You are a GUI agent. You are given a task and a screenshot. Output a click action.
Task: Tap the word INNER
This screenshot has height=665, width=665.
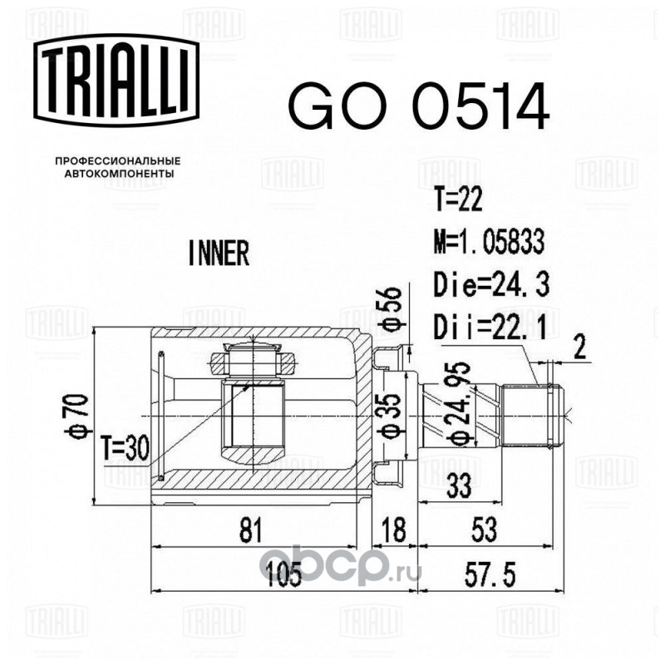point(219,253)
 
